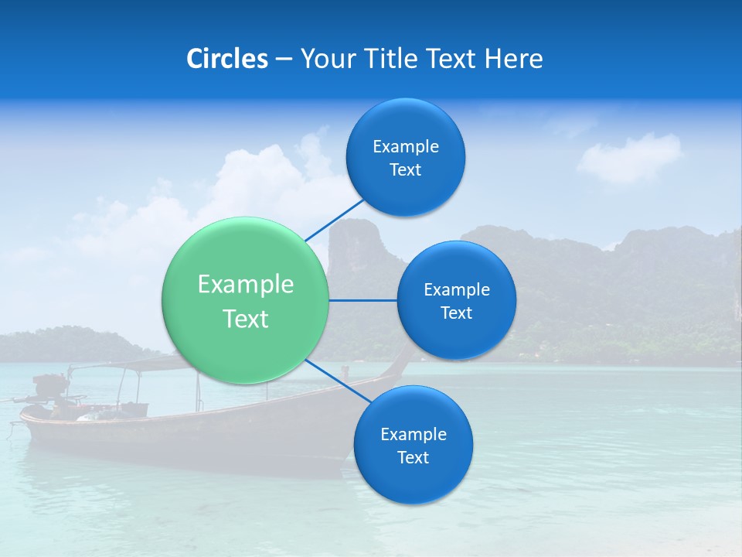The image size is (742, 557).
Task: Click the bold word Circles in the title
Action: point(227,59)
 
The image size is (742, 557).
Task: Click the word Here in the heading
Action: point(514,59)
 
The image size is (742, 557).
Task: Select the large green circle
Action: point(245,300)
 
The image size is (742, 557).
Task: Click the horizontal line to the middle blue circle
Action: point(362,300)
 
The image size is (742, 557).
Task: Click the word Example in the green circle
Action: point(245,285)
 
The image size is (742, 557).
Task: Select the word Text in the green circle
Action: point(245,319)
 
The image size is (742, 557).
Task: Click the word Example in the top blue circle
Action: point(405,147)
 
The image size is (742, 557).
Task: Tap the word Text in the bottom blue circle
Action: point(413,458)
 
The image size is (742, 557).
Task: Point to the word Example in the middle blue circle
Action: point(456,290)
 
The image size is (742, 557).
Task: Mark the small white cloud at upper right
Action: point(629,159)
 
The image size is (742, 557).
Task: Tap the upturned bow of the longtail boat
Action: point(401,359)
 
